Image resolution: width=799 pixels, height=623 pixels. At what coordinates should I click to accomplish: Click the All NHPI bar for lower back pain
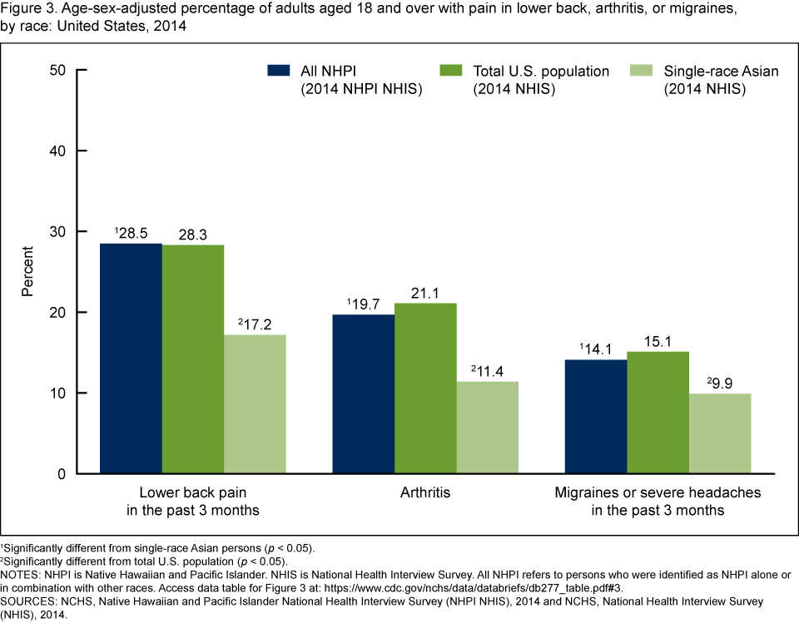point(131,358)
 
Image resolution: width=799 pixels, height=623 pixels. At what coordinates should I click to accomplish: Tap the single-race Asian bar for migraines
point(720,433)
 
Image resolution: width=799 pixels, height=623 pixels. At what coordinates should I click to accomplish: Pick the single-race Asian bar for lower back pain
point(254,404)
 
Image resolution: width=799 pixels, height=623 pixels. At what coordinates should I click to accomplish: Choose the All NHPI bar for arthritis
point(364,394)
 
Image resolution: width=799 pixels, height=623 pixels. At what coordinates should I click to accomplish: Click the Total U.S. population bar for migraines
point(658,413)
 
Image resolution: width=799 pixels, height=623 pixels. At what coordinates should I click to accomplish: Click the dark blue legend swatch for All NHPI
point(280,71)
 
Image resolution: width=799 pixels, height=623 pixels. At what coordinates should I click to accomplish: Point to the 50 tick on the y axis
point(57,70)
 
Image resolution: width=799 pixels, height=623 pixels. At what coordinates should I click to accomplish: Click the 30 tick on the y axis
point(57,231)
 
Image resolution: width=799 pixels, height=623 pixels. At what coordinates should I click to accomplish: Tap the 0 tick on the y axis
point(62,474)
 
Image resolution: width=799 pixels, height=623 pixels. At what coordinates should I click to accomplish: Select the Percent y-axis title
point(27,271)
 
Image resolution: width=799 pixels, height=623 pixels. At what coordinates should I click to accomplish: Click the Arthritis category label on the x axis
point(425,492)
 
